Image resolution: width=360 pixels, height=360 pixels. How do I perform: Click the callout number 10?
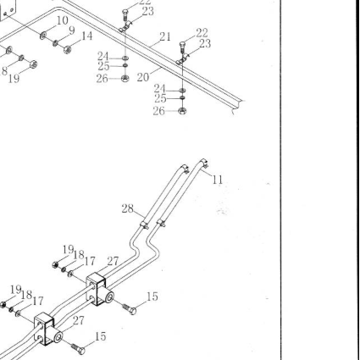pos(63,20)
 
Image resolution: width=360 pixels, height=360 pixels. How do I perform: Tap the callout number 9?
pos(71,30)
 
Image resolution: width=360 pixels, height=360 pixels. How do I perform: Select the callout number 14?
pos(86,36)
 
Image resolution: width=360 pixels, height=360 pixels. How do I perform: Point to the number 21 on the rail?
pos(165,36)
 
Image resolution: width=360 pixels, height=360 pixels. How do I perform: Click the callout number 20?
pos(143,77)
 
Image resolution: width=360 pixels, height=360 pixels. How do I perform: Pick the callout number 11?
pos(218,180)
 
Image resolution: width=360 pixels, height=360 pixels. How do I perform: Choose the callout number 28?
pos(127,209)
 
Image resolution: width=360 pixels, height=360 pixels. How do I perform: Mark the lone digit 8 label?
pos(4,71)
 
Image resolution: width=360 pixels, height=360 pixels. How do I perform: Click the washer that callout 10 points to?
pos(43,36)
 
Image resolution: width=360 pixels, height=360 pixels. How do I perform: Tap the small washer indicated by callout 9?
pos(55,43)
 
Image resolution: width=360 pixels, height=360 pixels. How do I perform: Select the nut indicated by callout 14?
pos(67,50)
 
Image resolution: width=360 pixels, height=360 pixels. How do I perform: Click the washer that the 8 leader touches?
pos(21,58)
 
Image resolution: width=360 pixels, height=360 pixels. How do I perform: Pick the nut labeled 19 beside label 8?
pos(33,64)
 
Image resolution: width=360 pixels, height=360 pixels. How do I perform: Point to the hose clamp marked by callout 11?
pos(205,163)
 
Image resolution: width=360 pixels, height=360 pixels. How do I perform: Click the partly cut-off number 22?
pos(145,3)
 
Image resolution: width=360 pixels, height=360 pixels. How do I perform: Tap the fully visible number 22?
pos(202,33)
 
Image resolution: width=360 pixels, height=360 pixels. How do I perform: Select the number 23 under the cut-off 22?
pos(148,12)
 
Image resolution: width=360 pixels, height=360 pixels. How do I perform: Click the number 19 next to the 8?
pos(14,79)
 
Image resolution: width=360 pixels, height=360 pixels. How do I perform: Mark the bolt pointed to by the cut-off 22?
pos(125,14)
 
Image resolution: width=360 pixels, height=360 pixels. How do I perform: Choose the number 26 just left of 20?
pos(102,79)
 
